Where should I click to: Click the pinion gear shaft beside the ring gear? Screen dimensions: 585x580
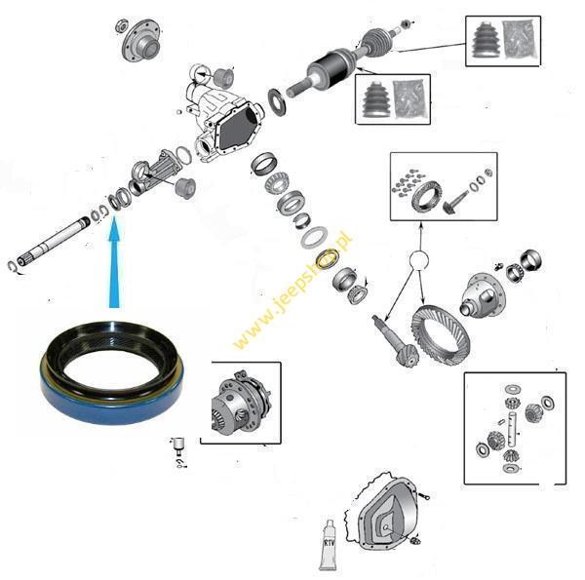click(395, 340)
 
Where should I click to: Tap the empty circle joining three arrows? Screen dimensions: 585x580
click(418, 260)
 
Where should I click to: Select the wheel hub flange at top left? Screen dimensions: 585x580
click(141, 40)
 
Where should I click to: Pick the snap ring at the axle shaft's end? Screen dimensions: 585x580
click(13, 266)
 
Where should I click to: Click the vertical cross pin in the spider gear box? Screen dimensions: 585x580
click(513, 430)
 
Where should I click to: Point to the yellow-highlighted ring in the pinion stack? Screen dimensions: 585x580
click(328, 257)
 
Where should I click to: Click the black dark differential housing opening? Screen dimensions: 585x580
click(238, 127)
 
